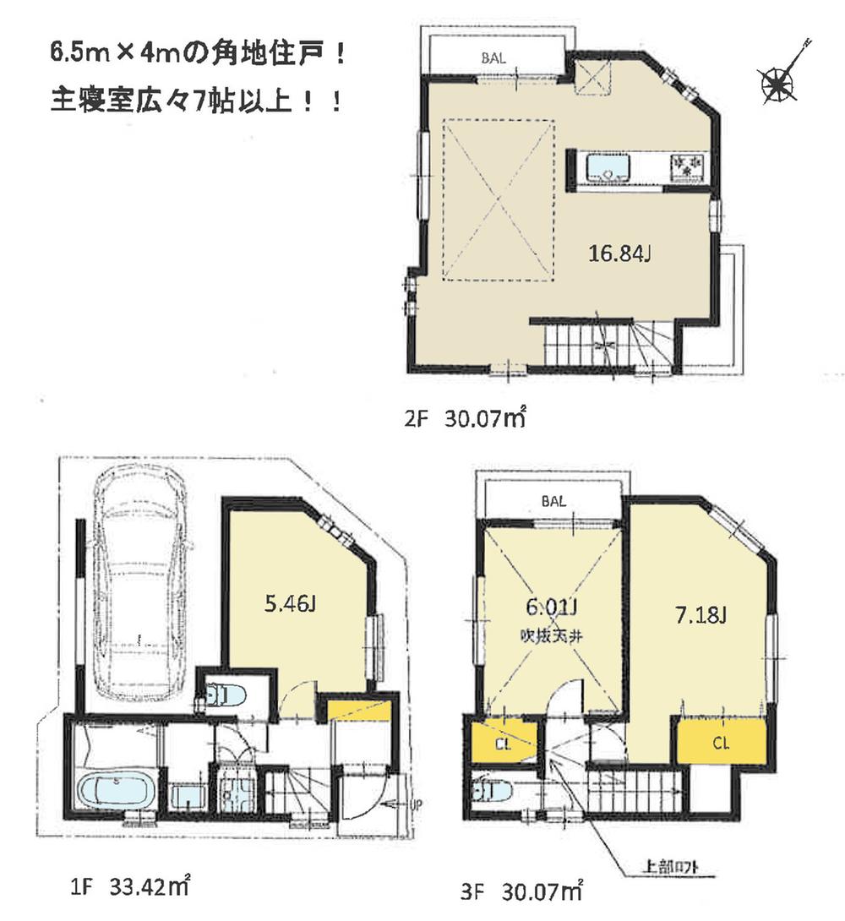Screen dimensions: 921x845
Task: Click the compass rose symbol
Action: click(777, 83)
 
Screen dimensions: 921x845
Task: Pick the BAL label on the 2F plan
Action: click(495, 59)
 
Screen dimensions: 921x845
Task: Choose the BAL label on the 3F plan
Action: click(553, 500)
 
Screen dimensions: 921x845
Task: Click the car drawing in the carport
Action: click(139, 583)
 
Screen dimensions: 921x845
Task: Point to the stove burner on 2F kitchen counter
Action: click(686, 165)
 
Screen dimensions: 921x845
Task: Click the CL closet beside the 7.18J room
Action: click(721, 744)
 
